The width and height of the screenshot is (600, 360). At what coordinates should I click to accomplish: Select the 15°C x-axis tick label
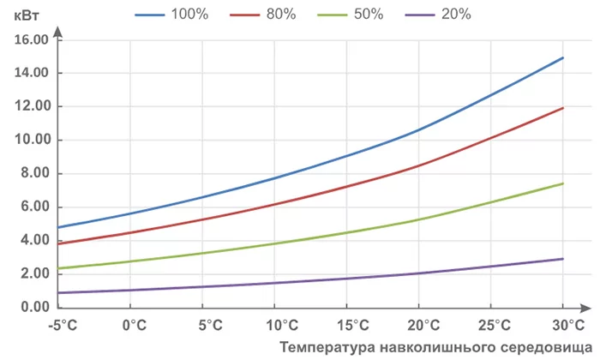pyautogui.click(x=347, y=326)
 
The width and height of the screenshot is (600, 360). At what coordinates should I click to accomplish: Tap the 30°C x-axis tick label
pyautogui.click(x=562, y=326)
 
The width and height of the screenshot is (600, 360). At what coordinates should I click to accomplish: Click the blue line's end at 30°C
pyautogui.click(x=562, y=57)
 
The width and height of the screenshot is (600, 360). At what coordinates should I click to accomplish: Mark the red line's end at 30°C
pyautogui.click(x=562, y=108)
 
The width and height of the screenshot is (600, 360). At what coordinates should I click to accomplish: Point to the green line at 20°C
pyautogui.click(x=418, y=219)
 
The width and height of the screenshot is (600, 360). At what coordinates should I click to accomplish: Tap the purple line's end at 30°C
pyautogui.click(x=562, y=259)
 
